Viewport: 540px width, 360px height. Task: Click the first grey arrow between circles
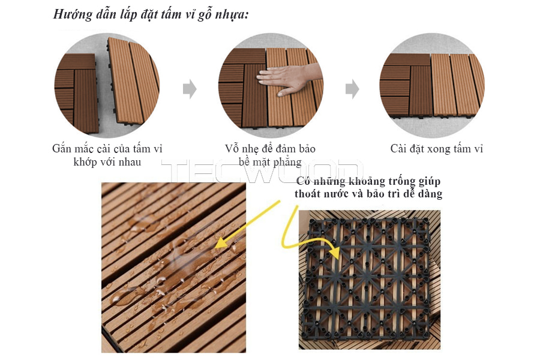(190, 89)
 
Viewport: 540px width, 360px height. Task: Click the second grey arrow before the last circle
(352, 89)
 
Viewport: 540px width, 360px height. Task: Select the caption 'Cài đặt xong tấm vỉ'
(436, 148)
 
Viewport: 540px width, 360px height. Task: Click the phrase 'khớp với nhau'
(107, 161)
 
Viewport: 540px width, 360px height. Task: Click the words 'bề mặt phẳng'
(269, 161)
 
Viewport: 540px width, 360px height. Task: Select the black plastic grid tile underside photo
(369, 279)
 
